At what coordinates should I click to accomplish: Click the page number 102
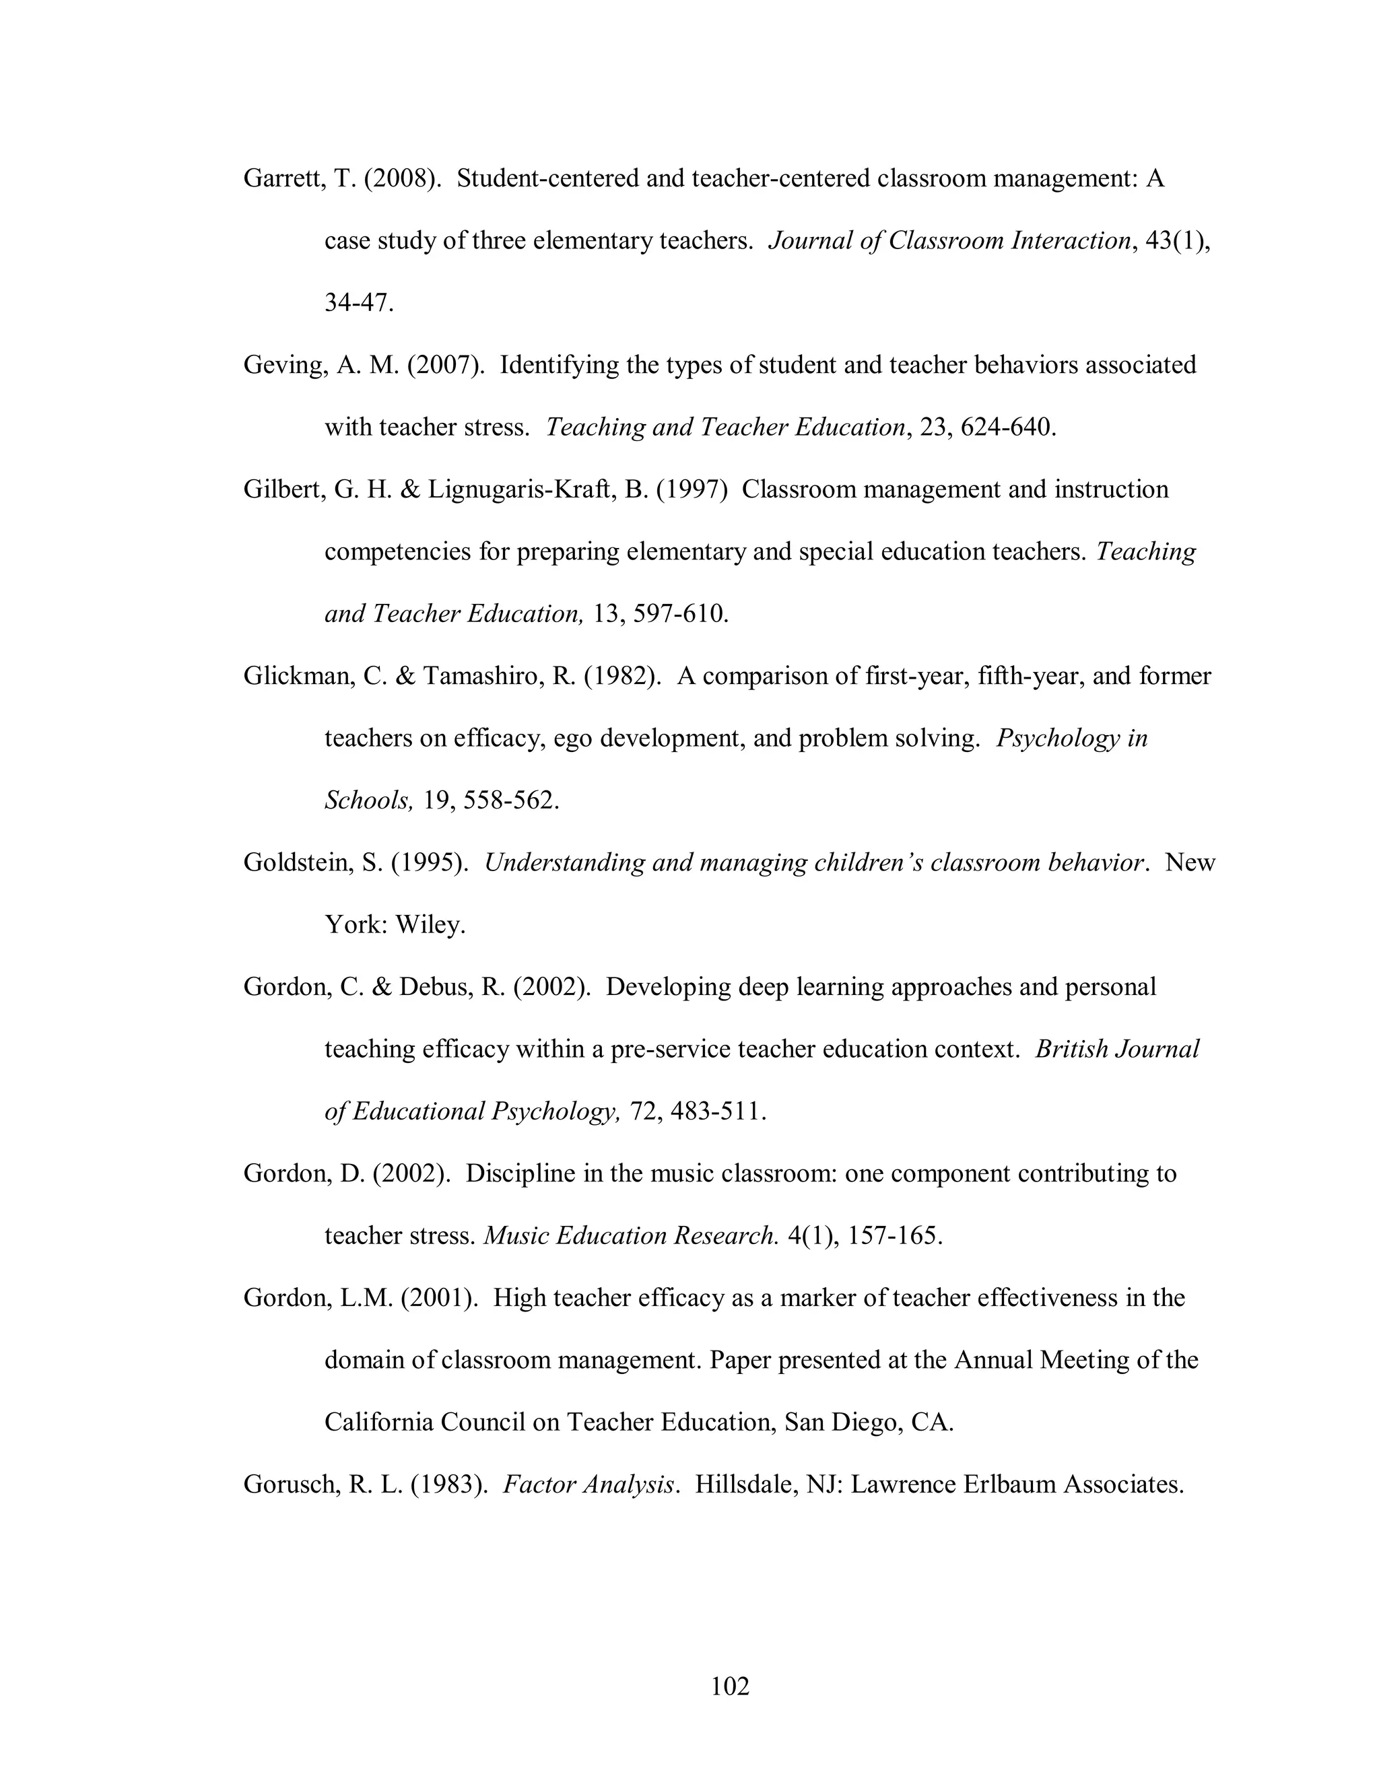tap(729, 1686)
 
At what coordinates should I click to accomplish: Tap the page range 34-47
tap(359, 302)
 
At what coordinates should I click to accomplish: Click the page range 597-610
tap(679, 613)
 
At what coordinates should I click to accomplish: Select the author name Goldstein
tap(298, 862)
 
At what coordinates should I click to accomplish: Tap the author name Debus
tap(432, 987)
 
